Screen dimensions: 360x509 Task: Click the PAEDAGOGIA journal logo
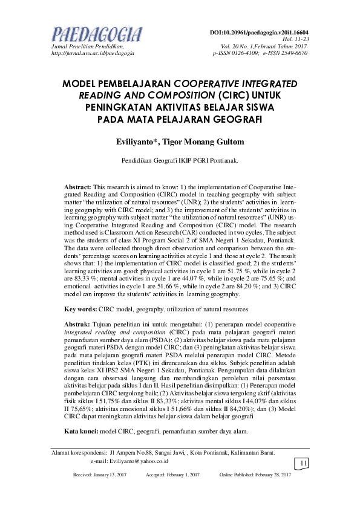tap(97, 33)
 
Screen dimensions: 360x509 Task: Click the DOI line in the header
tap(259, 31)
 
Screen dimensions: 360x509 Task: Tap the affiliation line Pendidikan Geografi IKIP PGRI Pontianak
tap(180, 161)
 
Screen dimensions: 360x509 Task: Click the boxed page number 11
tap(303, 463)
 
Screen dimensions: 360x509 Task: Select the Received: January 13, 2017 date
tap(100, 475)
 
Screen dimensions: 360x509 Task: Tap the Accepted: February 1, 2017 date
tap(173, 475)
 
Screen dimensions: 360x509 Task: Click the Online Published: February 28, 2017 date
tap(255, 475)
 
